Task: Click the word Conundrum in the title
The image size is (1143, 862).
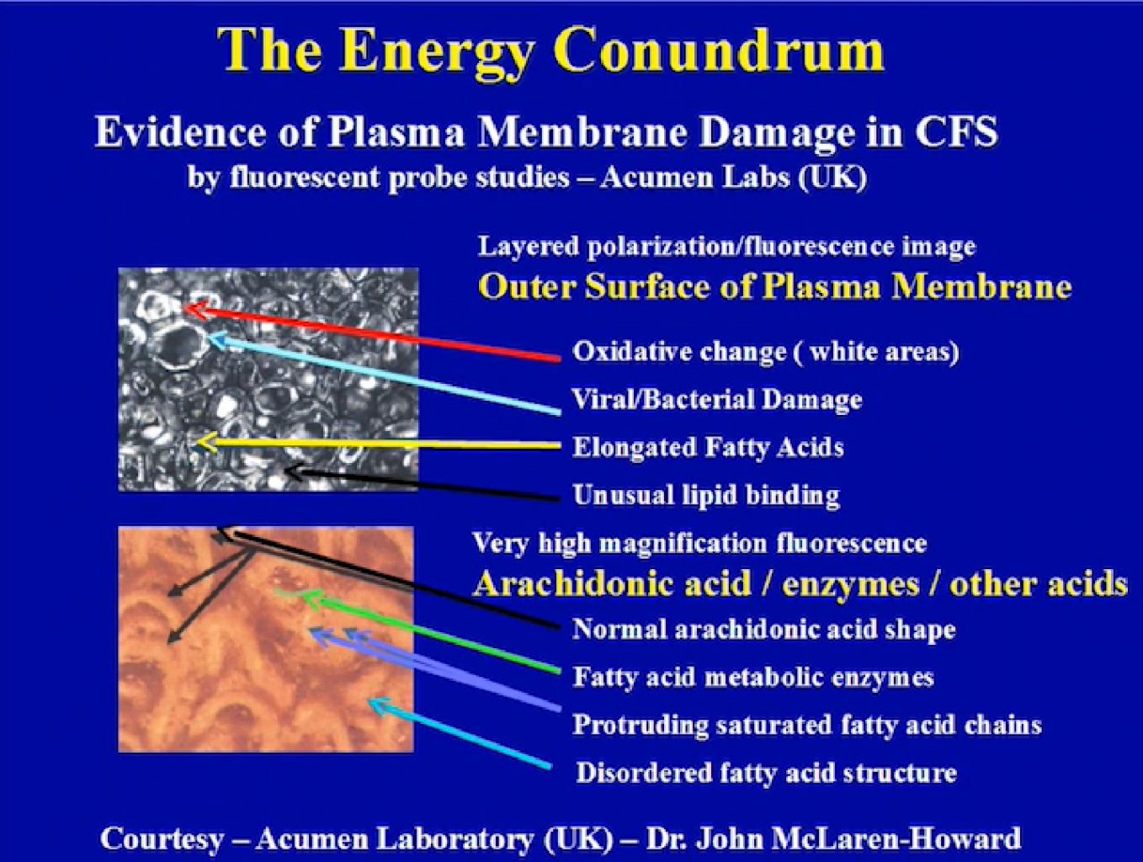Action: (x=719, y=51)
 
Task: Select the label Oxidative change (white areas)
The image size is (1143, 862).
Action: (x=765, y=352)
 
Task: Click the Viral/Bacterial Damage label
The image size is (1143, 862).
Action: (x=717, y=400)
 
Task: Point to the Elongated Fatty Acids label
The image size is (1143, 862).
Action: (x=708, y=447)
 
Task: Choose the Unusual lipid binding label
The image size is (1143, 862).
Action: (x=706, y=495)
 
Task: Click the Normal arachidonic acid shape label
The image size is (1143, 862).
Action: (x=764, y=629)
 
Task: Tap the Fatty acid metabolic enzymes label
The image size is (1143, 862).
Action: (x=753, y=677)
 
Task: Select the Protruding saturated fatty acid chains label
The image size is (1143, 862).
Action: (x=807, y=725)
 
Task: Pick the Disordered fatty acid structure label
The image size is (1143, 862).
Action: (x=767, y=773)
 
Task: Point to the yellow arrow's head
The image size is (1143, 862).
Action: (x=205, y=443)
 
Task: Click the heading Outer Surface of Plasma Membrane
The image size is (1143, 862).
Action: (x=775, y=287)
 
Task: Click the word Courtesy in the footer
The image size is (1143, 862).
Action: (x=162, y=839)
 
